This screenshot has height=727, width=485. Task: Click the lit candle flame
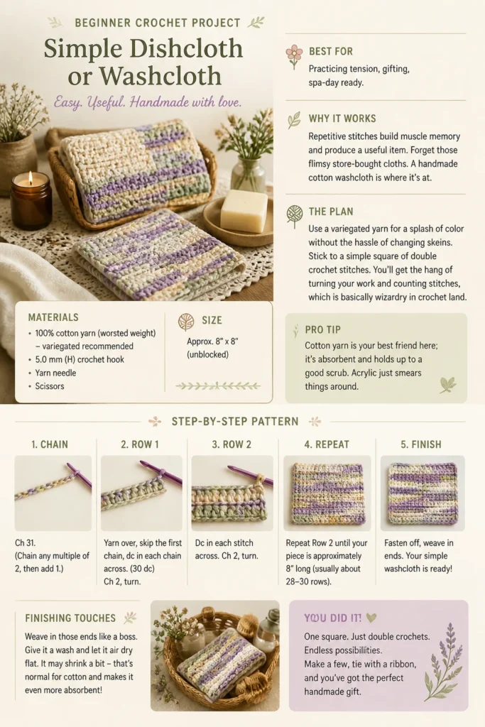pos(31,178)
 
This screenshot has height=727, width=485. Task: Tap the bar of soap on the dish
pos(244,209)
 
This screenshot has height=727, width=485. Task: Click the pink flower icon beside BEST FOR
pos(294,56)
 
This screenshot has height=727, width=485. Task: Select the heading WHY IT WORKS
pos(342,119)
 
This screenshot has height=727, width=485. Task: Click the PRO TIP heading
pos(322,329)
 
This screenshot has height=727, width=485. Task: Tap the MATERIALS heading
pos(53,317)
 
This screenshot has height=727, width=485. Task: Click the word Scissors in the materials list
pos(50,386)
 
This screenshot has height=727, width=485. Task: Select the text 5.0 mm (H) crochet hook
pos(80,359)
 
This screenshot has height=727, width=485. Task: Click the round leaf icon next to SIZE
pos(186,322)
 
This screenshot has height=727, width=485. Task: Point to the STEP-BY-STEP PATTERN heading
pos(235,422)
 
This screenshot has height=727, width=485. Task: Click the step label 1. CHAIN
pos(50,444)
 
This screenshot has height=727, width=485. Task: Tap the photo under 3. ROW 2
pos(232,493)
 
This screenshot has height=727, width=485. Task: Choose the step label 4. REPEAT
pos(327,444)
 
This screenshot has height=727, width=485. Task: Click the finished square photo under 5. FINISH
pos(423,493)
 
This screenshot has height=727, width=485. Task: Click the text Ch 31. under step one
pos(25,542)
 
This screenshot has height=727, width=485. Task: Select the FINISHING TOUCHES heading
pos(70,618)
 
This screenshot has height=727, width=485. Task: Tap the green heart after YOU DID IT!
pos(371,618)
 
